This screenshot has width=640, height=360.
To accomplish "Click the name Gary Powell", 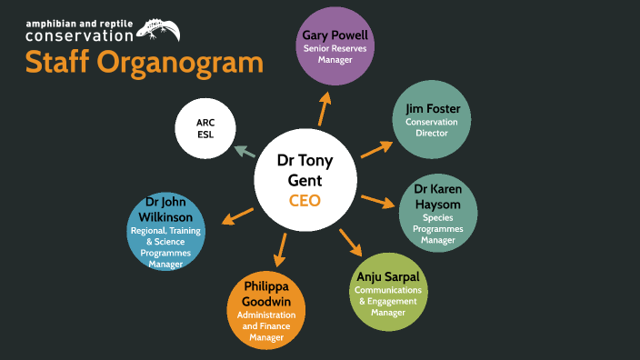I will point(335,37).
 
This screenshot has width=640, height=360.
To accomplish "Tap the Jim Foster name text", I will point(432,110).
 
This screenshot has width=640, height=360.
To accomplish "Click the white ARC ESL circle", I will point(205,127).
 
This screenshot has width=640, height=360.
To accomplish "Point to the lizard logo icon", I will point(157,30).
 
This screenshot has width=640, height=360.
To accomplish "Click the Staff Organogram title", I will point(145,64).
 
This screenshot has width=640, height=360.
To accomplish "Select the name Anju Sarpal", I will point(387,276).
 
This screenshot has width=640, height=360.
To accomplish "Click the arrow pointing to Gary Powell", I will point(322,110).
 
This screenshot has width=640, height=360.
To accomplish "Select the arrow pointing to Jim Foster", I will point(376,148).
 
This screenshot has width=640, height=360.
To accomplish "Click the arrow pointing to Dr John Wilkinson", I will point(237,215).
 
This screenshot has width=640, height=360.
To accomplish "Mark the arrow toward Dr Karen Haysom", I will point(377,200).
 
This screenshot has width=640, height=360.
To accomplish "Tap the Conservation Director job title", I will point(432,127).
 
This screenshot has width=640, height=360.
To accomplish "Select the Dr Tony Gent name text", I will point(305,170).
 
